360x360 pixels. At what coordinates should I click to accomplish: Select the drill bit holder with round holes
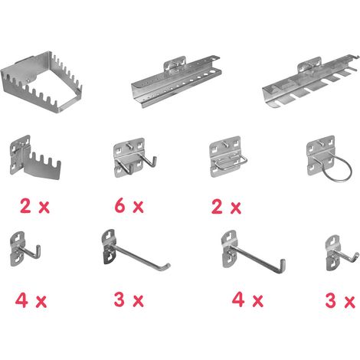click(x=176, y=83)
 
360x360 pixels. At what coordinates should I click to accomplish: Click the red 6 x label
click(x=129, y=206)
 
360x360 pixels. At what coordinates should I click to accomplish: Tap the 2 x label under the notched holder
click(x=34, y=206)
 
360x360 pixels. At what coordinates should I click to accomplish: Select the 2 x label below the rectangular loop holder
click(x=226, y=207)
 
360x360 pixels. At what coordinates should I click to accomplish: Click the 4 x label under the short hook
click(x=31, y=300)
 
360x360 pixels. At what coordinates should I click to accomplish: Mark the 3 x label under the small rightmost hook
click(x=340, y=301)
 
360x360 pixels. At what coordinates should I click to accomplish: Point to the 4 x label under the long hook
click(x=247, y=299)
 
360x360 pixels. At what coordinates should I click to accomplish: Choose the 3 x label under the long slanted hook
click(x=129, y=299)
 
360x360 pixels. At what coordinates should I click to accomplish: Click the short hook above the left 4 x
click(x=25, y=249)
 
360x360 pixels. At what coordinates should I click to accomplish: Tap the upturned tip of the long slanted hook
click(x=167, y=266)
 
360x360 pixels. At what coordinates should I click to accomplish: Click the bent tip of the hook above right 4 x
click(x=283, y=264)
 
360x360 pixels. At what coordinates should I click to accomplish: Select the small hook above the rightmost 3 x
click(x=341, y=253)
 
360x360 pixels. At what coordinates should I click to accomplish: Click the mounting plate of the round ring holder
click(x=320, y=154)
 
